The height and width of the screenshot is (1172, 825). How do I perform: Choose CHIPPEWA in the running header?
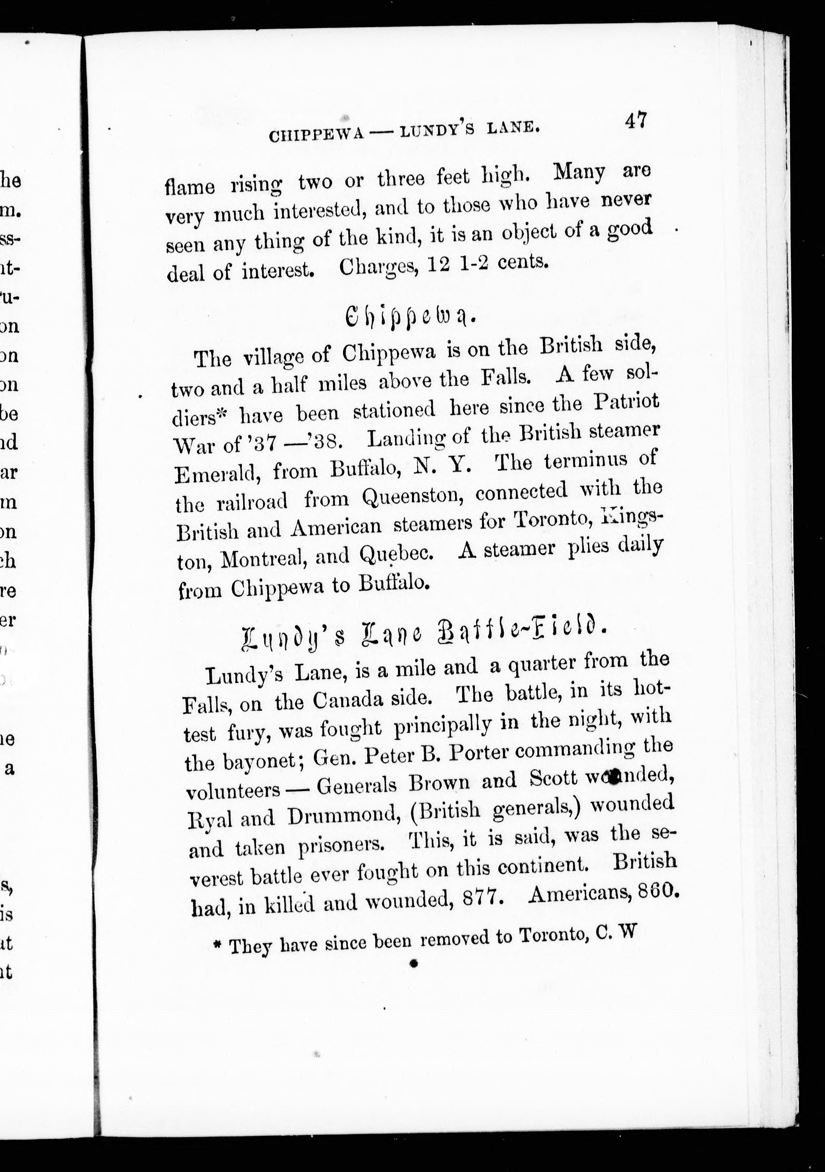tap(316, 135)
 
